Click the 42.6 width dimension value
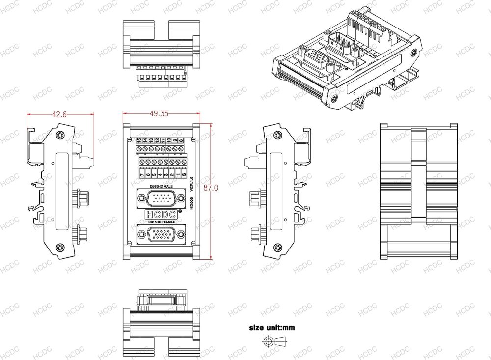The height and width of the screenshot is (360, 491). click(60, 114)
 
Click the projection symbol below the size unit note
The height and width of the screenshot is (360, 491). click(276, 341)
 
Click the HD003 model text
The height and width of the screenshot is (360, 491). click(191, 203)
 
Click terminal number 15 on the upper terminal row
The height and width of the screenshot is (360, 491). click(139, 141)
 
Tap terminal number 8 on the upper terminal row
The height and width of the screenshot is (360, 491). click(181, 141)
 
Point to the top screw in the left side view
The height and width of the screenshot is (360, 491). click(61, 136)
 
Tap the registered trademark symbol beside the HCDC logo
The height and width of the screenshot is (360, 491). click(180, 211)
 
